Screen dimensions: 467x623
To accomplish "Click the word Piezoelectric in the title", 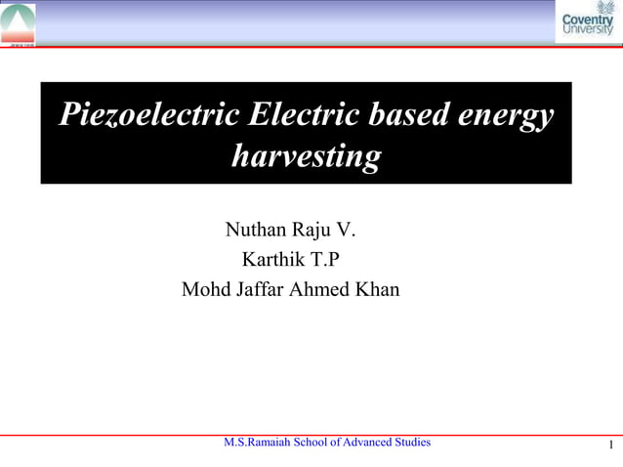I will tap(147, 115).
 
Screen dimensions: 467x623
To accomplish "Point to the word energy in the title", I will tap(507, 116).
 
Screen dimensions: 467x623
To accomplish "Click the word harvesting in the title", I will tap(306, 156).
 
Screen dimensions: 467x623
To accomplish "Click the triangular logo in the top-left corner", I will tap(18, 21).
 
